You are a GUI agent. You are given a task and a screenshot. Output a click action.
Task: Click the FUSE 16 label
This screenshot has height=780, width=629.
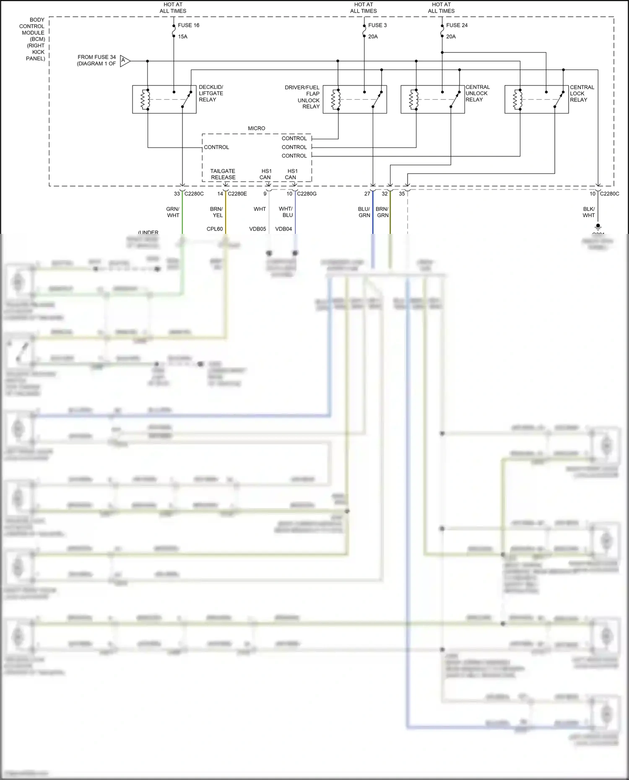188,25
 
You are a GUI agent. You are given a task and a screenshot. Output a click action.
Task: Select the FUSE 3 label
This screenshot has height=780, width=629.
377,25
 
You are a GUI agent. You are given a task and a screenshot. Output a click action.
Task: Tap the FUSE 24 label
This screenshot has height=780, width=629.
457,25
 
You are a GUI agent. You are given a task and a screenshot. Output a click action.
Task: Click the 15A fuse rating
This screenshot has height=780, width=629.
182,36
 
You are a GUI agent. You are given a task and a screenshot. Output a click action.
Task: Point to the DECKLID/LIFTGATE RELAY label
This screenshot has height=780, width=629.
211,93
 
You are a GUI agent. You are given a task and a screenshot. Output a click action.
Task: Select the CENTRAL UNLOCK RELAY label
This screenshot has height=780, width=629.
477,93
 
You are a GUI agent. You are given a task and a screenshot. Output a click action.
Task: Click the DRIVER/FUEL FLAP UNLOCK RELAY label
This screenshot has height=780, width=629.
303,97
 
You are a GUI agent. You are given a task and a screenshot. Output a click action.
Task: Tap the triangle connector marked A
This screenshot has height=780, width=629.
125,61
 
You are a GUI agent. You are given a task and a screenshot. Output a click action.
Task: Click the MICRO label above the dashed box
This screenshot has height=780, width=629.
256,128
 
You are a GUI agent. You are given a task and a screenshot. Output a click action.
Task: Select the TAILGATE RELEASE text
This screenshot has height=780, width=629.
223,174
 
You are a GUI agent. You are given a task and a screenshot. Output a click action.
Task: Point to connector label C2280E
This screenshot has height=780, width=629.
237,194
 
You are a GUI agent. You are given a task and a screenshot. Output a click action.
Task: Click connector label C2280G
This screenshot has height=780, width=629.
307,194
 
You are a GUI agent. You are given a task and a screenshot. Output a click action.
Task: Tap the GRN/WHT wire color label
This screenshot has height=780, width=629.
173,212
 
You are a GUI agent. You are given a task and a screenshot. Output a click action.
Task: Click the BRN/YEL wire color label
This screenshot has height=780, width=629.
217,212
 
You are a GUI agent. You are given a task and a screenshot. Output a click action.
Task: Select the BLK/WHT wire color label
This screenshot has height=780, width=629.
589,212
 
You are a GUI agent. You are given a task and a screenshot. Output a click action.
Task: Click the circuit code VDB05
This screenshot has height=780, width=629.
257,229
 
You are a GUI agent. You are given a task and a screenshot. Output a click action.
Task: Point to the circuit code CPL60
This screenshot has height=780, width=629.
215,229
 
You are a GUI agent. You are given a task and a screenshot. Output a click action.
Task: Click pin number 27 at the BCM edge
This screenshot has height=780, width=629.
367,194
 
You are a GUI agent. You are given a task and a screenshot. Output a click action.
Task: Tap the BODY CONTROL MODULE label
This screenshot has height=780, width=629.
34,39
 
